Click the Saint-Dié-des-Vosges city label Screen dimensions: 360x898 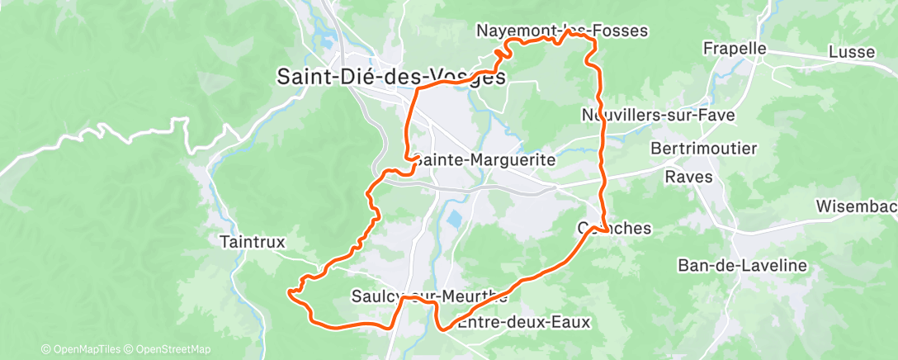point(390,77)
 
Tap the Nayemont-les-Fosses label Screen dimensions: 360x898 point(562,31)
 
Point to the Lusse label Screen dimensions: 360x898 point(852,52)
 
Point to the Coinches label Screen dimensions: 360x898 point(615,228)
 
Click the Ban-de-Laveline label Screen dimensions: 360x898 point(730,265)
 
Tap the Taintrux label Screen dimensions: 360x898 point(253,242)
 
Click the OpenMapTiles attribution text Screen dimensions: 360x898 point(82,349)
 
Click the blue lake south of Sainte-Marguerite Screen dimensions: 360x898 point(453,220)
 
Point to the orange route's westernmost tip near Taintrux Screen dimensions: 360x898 point(288,291)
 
